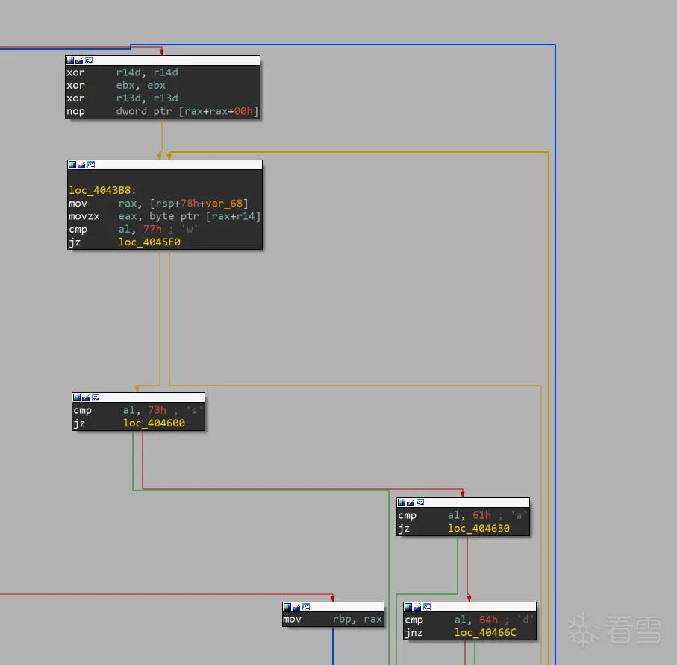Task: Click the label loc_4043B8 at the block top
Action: pos(102,190)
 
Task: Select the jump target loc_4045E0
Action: pos(149,242)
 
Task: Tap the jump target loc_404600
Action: pos(155,423)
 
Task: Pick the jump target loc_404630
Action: pos(478,529)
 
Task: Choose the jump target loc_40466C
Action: pos(485,633)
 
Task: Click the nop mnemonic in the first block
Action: pos(75,111)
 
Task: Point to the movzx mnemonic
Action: pos(84,216)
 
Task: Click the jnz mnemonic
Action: pos(414,633)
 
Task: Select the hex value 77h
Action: pos(152,229)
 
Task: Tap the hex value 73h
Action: pos(157,410)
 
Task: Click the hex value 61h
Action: pos(481,515)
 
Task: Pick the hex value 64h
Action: pos(488,620)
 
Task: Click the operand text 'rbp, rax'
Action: pos(357,620)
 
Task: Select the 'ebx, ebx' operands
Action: pos(141,86)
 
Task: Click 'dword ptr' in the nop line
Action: pos(144,111)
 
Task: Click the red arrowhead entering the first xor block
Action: pos(161,51)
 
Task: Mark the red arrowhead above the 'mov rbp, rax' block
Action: pos(332,598)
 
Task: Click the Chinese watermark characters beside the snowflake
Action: pos(634,630)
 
